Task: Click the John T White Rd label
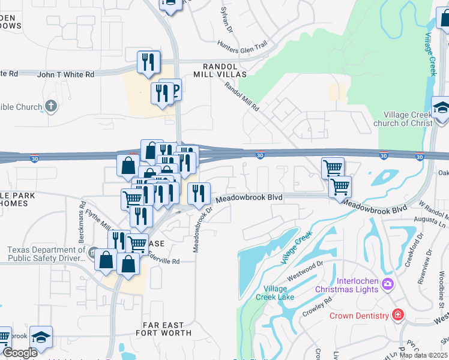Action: [65, 74]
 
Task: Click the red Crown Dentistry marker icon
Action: [397, 314]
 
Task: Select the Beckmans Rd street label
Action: [82, 214]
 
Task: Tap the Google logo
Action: [20, 353]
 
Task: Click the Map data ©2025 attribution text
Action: [423, 355]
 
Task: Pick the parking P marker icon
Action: [175, 90]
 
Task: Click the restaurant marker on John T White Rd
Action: [148, 62]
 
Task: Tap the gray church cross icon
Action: [51, 107]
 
